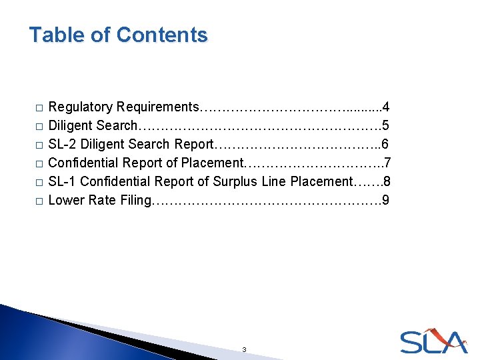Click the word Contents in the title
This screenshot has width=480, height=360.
(161, 35)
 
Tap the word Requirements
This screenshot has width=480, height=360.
(157, 107)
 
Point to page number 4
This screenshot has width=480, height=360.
(386, 107)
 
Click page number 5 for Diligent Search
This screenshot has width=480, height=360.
(386, 125)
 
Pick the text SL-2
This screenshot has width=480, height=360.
(63, 144)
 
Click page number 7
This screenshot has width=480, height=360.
(387, 163)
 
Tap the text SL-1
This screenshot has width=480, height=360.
(63, 181)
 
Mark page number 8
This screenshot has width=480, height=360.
(387, 181)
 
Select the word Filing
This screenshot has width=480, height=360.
(135, 200)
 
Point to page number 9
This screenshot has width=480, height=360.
(386, 200)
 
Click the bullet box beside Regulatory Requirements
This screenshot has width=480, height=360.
(39, 107)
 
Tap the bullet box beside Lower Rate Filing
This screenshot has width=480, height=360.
(39, 201)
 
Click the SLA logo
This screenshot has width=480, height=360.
(433, 341)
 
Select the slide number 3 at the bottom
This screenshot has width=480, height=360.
(244, 349)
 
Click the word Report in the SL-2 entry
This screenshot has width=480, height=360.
(192, 144)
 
